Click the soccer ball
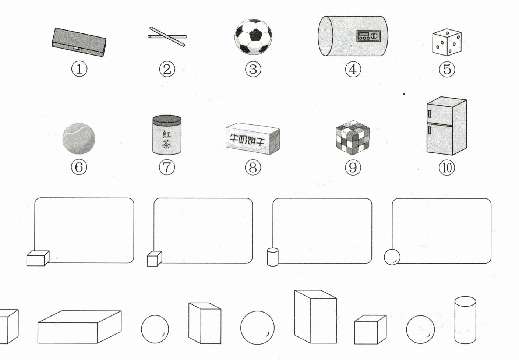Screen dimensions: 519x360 (x=253, y=37)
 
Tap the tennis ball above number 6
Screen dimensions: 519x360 (x=79, y=138)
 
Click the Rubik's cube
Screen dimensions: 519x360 (x=353, y=138)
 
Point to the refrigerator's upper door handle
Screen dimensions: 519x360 (x=430, y=114)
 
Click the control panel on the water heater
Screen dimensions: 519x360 (x=368, y=36)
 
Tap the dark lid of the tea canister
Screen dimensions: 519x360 (x=167, y=121)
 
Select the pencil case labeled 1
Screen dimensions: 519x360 (x=79, y=42)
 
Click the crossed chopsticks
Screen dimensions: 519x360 (x=167, y=36)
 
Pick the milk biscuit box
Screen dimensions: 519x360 (x=253, y=139)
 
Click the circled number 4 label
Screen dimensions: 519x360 (x=353, y=69)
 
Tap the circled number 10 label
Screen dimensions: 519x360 (x=447, y=167)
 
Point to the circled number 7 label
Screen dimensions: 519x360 (x=167, y=167)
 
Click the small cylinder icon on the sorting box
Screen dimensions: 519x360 (x=273, y=257)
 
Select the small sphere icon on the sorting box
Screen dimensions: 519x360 (x=392, y=257)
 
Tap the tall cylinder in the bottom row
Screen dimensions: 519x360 (x=465, y=320)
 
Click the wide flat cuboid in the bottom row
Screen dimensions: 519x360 (x=80, y=327)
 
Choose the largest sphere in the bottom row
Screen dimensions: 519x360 (x=257, y=328)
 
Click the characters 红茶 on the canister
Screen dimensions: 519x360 (x=167, y=139)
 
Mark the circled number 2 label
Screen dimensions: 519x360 (x=167, y=69)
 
